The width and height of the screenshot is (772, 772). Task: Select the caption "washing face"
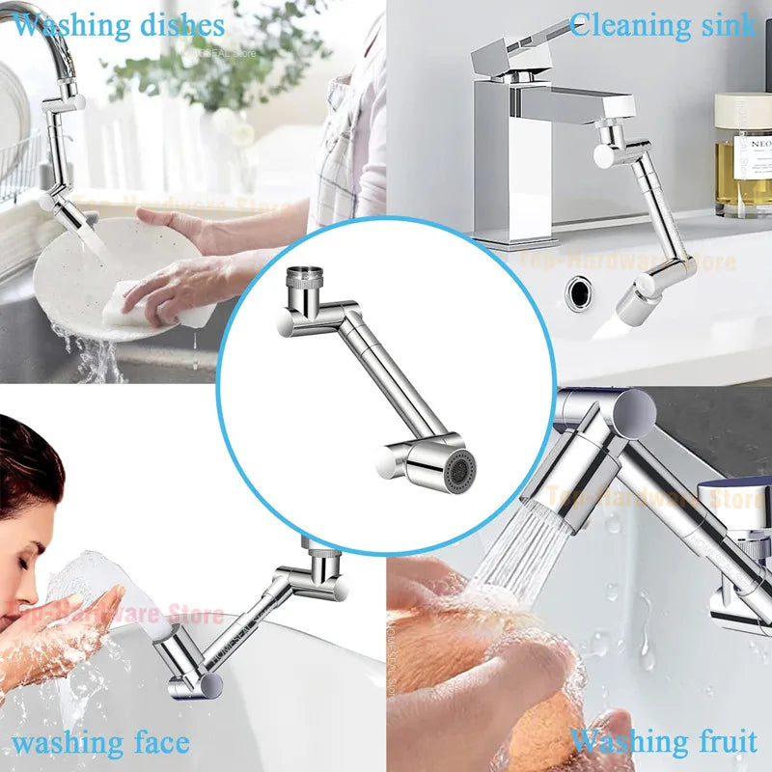pos(100,743)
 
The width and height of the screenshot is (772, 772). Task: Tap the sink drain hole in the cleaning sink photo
pos(582,289)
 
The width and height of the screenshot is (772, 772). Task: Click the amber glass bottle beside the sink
pos(743,159)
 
